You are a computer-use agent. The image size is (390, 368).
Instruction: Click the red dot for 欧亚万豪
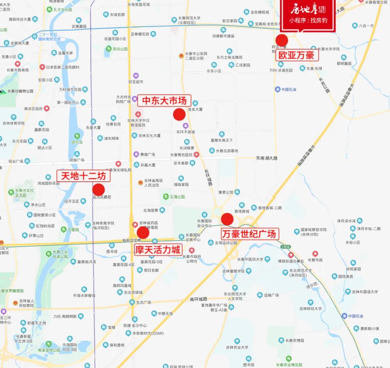(x=282, y=40)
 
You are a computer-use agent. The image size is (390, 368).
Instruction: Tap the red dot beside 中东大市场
(x=179, y=114)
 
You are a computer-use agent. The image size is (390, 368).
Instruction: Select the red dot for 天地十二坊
(x=99, y=190)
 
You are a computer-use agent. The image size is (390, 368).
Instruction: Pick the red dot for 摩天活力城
(x=143, y=232)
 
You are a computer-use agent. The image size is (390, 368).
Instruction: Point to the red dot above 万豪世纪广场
(x=227, y=219)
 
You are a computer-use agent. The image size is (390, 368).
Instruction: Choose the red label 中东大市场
(x=164, y=100)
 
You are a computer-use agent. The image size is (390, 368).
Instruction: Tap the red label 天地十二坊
(x=83, y=176)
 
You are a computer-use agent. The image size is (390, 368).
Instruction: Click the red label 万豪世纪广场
(x=250, y=234)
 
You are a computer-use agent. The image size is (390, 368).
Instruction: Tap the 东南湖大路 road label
(x=267, y=158)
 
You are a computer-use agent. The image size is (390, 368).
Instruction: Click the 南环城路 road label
(x=199, y=299)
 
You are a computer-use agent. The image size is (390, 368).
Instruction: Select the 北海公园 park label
(x=177, y=197)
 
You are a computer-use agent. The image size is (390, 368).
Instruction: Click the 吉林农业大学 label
(x=237, y=347)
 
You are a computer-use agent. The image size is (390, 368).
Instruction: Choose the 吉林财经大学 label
(x=310, y=309)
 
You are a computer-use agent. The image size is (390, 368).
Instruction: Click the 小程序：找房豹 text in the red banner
(x=308, y=20)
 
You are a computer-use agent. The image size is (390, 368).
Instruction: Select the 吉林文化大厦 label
(x=149, y=136)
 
